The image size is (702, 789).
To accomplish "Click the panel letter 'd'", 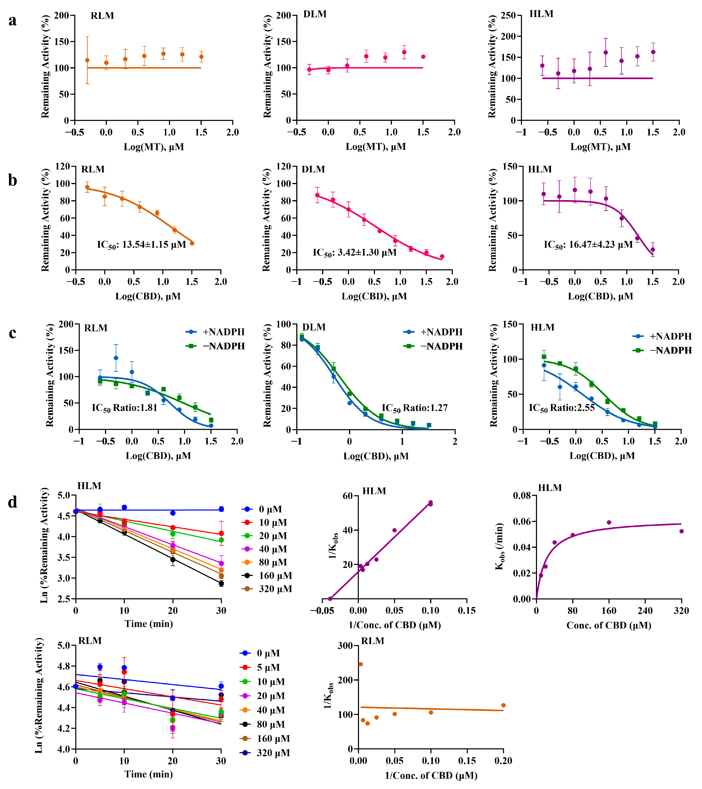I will coord(13,502).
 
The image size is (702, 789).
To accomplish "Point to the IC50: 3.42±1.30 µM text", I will coord(355,253).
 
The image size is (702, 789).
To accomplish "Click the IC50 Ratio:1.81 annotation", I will coord(124,408).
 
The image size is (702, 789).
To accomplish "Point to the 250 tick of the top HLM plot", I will coord(508,15).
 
